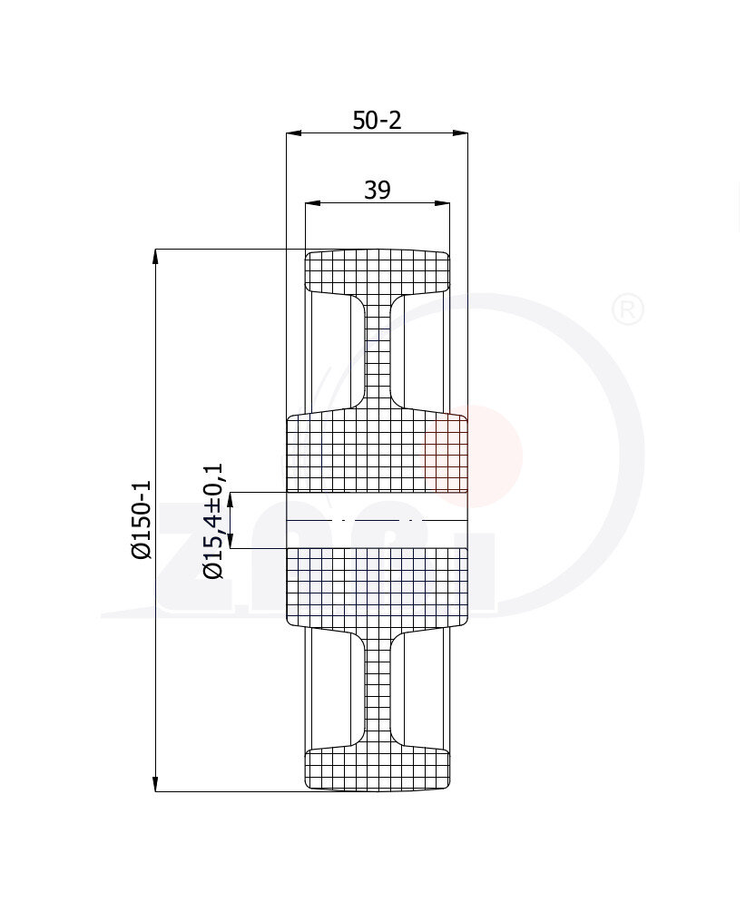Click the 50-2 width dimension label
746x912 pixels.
(x=377, y=121)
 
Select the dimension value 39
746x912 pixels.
(x=377, y=191)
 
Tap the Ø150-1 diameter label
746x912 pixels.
(x=142, y=519)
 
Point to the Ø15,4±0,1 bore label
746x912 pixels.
(x=212, y=521)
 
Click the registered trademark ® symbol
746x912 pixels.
(x=628, y=309)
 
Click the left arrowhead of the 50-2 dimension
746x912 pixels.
(x=294, y=133)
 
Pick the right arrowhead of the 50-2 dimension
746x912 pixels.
(x=460, y=133)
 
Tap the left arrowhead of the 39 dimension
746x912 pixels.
(x=313, y=203)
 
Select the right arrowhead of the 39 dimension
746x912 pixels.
(x=442, y=203)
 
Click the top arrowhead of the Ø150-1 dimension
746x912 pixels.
(x=155, y=257)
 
